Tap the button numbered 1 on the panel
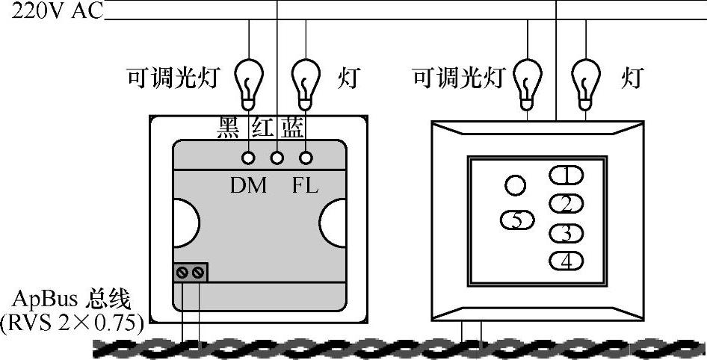point(567,176)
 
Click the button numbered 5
point(518,220)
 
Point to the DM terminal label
point(248,185)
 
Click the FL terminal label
point(304,185)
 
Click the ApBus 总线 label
point(72,301)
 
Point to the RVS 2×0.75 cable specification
point(72,323)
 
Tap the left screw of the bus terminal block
point(183,273)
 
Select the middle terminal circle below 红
point(277,158)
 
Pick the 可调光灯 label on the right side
point(458,77)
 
